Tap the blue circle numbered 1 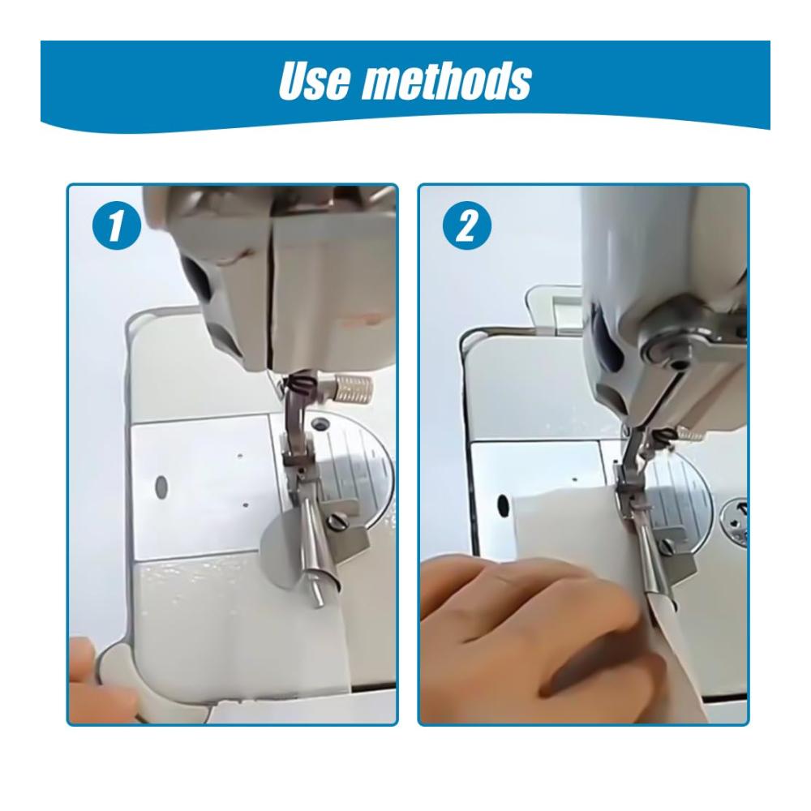(116, 225)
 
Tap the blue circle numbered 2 (467, 225)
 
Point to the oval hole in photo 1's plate (161, 486)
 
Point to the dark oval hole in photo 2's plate (503, 505)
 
